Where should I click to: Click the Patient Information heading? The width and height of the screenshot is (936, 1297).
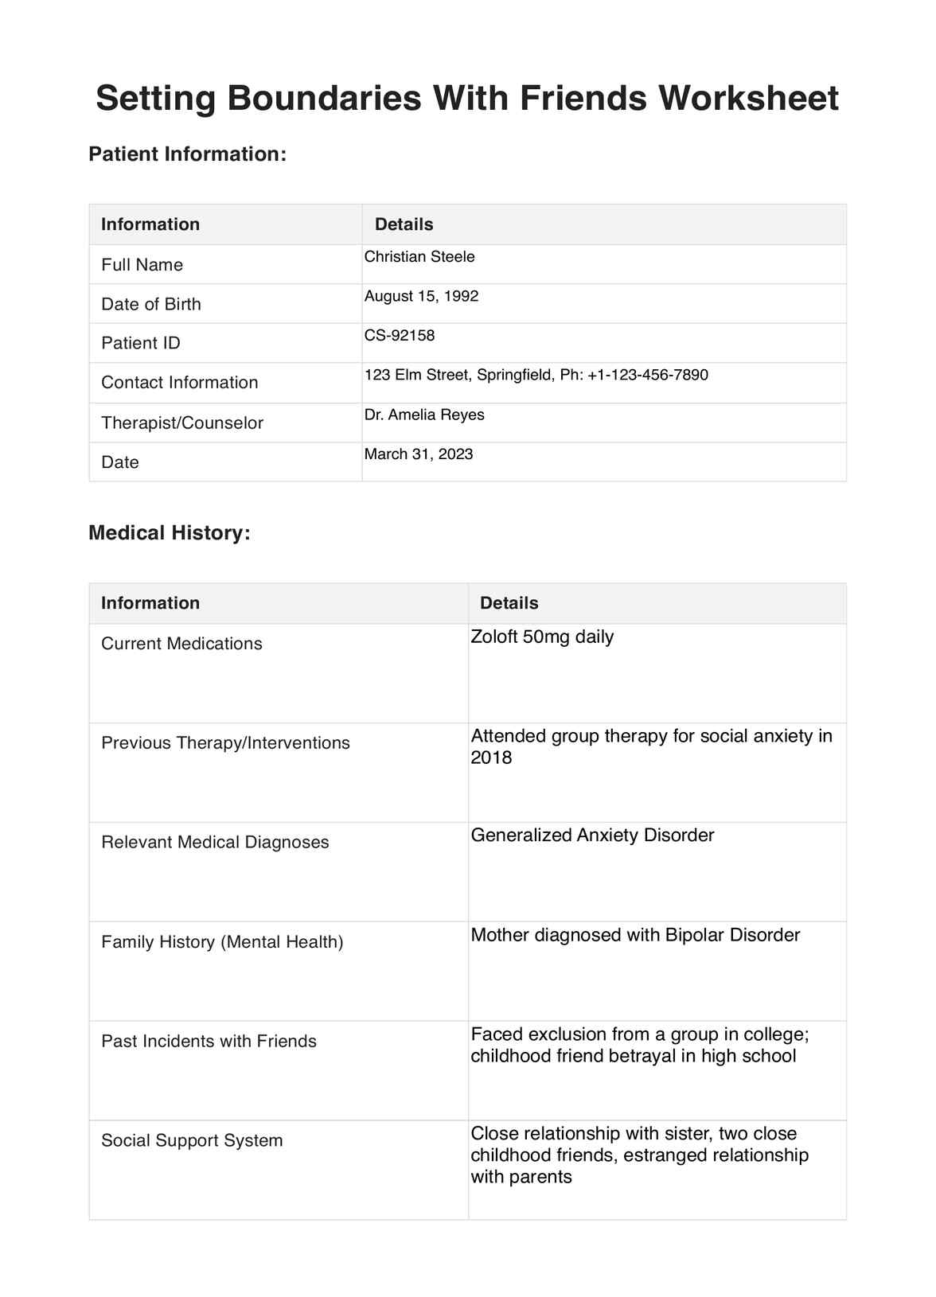coord(187,154)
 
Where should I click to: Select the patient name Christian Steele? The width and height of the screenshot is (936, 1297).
coord(419,257)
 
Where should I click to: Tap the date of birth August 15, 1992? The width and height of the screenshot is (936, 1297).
coord(421,296)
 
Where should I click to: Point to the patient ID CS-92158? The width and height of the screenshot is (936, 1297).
coord(400,335)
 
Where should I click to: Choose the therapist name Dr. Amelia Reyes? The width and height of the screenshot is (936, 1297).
coord(424,415)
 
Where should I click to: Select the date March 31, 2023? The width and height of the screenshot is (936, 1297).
coord(419,454)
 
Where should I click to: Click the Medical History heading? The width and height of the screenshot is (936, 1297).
coord(170,532)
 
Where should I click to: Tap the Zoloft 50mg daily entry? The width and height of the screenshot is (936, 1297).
coord(542,637)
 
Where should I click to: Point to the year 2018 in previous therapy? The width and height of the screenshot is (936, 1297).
coord(491,758)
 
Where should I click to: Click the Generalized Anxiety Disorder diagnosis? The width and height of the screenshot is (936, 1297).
coord(592,835)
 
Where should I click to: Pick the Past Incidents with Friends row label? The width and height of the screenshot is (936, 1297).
coord(209,1041)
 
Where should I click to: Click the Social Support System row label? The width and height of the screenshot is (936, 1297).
coord(192,1140)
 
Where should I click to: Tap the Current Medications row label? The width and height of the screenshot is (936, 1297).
coord(181,643)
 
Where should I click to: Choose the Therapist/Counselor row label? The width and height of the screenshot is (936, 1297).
coord(182,423)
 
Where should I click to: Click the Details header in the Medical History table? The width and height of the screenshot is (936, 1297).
coord(509,603)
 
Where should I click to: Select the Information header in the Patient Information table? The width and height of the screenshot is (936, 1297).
coord(150,224)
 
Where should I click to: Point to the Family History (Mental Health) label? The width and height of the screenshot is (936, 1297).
coord(222,941)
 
